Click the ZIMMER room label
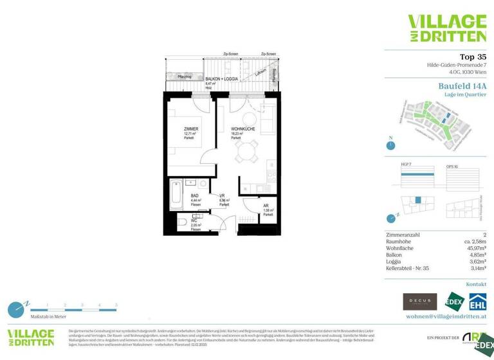pyautogui.click(x=191, y=129)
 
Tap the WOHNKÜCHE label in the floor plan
pyautogui.click(x=242, y=129)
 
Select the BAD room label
pyautogui.click(x=195, y=195)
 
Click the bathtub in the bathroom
pyautogui.click(x=177, y=194)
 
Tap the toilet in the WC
pyautogui.click(x=183, y=224)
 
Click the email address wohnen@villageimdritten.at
pyautogui.click(x=446, y=316)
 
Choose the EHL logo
pyautogui.click(x=477, y=301)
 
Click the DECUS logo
pyautogui.click(x=419, y=301)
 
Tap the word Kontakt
pyautogui.click(x=475, y=283)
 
